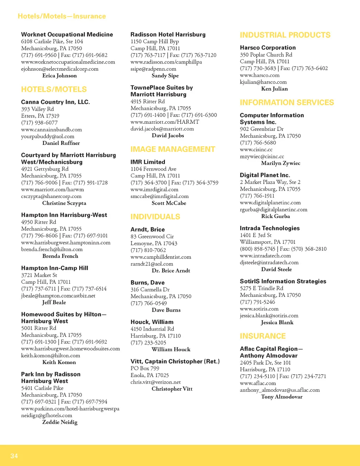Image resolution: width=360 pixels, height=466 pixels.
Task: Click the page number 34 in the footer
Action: click(14, 456)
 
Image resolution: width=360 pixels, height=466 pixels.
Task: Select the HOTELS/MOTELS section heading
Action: click(54, 89)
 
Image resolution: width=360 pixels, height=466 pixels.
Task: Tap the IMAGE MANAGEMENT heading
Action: click(173, 149)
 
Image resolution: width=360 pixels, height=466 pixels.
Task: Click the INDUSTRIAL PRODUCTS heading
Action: click(285, 35)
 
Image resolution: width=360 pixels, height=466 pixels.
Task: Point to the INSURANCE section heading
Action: click(263, 336)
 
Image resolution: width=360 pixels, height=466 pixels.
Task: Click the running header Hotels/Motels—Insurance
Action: click(62, 16)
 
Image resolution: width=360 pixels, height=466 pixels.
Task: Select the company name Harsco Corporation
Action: click(268, 47)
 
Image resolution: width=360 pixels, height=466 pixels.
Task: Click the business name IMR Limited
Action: click(148, 162)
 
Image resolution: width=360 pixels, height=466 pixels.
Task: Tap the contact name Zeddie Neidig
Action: click(60, 422)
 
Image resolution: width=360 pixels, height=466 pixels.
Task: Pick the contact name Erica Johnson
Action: click(59, 76)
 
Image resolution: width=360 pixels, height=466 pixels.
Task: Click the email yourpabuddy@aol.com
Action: click(48, 136)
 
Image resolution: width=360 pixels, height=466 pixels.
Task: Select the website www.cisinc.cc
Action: click(256, 149)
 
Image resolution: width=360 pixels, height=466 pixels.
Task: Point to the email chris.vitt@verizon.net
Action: click(155, 382)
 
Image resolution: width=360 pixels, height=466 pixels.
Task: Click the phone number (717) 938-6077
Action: click(39, 122)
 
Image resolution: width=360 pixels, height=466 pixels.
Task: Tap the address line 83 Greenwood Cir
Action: click(152, 236)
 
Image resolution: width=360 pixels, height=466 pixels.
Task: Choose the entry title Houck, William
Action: click(152, 322)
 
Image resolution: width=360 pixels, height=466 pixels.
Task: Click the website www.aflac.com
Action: click(258, 383)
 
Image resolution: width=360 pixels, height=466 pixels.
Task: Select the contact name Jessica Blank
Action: click(277, 323)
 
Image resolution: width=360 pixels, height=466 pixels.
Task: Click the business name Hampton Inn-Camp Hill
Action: click(54, 268)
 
